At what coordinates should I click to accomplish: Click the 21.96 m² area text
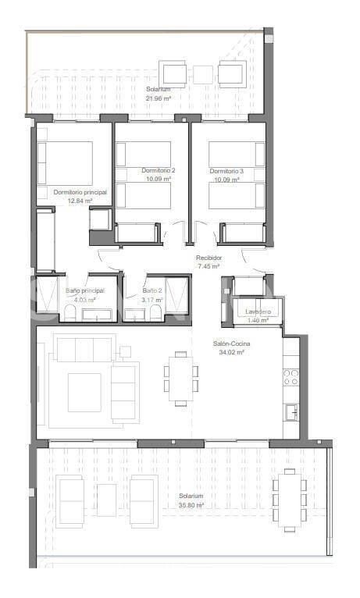pyautogui.click(x=159, y=98)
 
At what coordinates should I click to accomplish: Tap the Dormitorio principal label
pyautogui.click(x=80, y=191)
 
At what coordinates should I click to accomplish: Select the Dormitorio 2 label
pyautogui.click(x=159, y=171)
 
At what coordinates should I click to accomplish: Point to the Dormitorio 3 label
pyautogui.click(x=226, y=171)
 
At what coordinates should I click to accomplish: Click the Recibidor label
pyautogui.click(x=209, y=258)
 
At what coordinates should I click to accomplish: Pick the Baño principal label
pyautogui.click(x=84, y=290)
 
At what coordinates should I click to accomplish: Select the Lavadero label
pyautogui.click(x=258, y=311)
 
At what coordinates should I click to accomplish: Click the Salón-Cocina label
pyautogui.click(x=232, y=343)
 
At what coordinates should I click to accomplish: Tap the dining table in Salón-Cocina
pyautogui.click(x=180, y=379)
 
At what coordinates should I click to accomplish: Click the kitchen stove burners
pyautogui.click(x=290, y=378)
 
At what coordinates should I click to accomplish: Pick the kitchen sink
pyautogui.click(x=290, y=409)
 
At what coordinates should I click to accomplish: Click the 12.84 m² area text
pyautogui.click(x=80, y=201)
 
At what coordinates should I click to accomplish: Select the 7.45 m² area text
pyautogui.click(x=209, y=266)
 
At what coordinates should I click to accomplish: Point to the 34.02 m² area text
pyautogui.click(x=232, y=352)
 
